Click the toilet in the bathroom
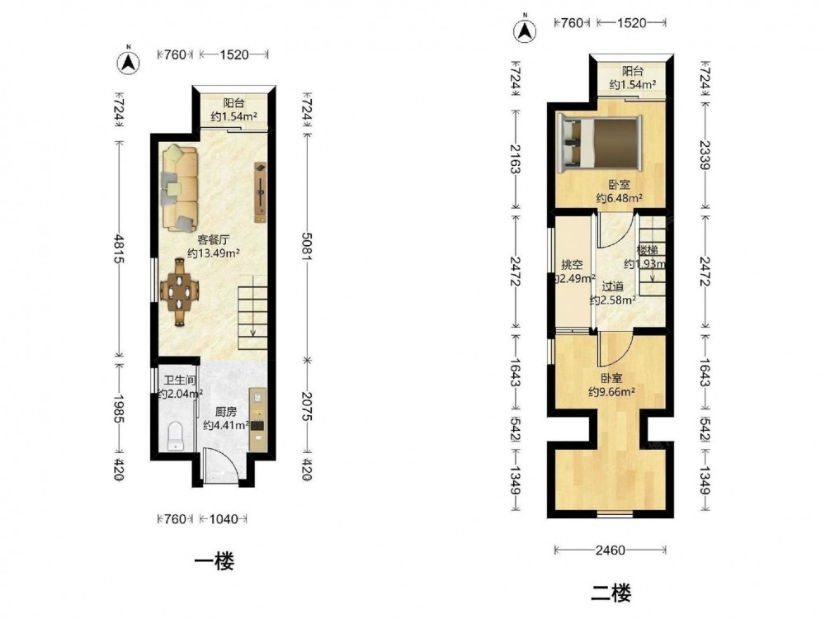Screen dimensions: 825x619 tap(176, 437)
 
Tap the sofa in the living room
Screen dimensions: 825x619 tap(180, 188)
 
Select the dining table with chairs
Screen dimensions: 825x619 tap(180, 292)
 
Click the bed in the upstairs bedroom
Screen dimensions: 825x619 tap(599, 143)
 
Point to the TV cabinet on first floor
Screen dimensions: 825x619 tap(261, 192)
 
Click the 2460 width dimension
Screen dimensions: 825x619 tap(610, 550)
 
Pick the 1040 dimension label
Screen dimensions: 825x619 tap(223, 519)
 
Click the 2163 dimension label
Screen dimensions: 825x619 tap(515, 159)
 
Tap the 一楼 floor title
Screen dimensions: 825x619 tap(214, 561)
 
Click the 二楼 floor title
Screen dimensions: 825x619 tap(610, 593)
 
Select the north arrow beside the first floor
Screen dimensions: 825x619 tap(128, 62)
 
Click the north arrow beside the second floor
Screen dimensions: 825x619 tap(525, 30)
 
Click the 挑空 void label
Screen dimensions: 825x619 tap(572, 265)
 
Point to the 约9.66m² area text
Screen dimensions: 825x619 tap(611, 391)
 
